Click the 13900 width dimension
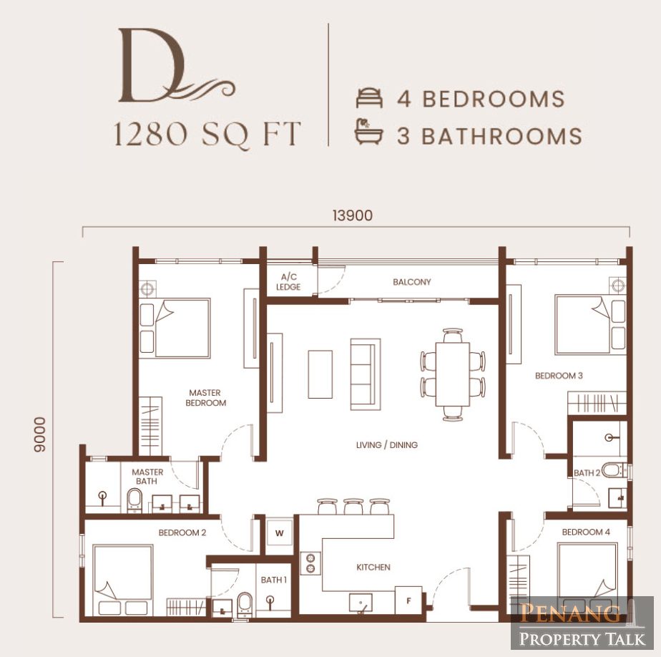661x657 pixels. click(353, 215)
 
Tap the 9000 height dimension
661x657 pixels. click(39, 434)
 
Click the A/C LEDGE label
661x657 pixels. click(288, 282)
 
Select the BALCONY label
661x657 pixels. click(412, 282)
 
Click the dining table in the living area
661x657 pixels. click(452, 374)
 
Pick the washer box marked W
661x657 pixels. click(279, 533)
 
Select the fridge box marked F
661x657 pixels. click(408, 600)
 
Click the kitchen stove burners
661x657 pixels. click(310, 563)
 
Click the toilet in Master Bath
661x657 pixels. click(134, 500)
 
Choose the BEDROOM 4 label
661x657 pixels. click(586, 532)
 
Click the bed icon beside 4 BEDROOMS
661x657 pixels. click(369, 98)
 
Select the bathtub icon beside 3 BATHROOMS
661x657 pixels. click(368, 132)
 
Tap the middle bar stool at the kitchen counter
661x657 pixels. click(353, 507)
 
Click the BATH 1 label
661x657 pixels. click(273, 580)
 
